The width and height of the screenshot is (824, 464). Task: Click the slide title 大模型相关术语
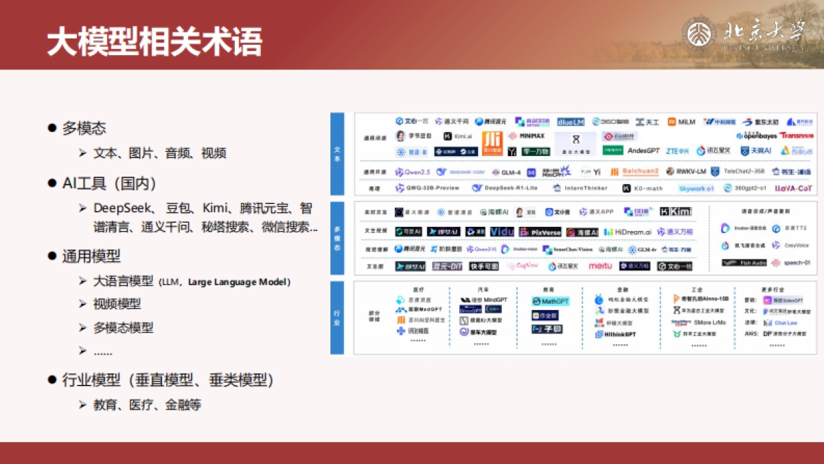pos(154,42)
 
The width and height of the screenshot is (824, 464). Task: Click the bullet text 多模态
pos(84,128)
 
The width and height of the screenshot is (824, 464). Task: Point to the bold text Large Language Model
pos(239,282)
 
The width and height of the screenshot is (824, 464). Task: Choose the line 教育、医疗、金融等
pos(147,405)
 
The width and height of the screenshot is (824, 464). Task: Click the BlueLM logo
pos(570,122)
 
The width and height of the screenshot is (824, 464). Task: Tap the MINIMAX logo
pos(527,136)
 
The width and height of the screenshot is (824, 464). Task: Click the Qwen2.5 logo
pos(413,172)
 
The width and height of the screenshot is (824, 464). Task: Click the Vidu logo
pos(502,232)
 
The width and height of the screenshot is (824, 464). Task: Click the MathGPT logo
pos(551,301)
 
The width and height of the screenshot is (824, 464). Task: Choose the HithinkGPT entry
pos(615,334)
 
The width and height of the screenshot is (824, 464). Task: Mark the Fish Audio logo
pos(744,263)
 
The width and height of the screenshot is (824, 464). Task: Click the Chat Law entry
pos(786,322)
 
